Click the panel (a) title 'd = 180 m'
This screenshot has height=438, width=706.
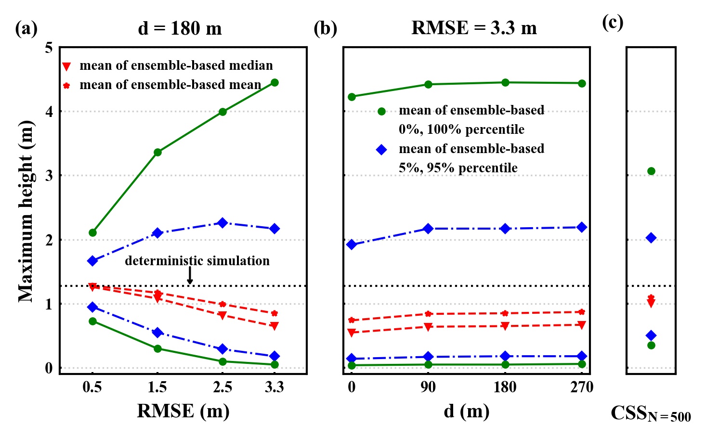pos(180,28)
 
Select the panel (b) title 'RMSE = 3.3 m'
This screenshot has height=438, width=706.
pos(474,28)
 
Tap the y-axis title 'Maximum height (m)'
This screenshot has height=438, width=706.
pos(26,211)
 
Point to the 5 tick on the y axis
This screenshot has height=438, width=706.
pos(49,48)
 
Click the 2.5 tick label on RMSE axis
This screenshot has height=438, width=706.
pos(222,387)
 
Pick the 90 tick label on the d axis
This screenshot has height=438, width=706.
pos(428,387)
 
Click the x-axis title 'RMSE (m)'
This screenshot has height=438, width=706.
pos(183,411)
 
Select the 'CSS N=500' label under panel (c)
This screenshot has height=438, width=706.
pos(650,413)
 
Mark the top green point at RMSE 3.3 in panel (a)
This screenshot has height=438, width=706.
pos(275,83)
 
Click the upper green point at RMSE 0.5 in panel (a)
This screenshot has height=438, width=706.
pos(92,233)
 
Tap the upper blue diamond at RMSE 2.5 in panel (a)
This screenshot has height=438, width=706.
pos(222,223)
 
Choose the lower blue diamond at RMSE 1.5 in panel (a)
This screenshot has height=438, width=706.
pos(157,333)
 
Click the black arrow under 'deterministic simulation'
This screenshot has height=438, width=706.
pos(190,276)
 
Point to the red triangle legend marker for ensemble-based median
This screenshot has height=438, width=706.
pos(67,66)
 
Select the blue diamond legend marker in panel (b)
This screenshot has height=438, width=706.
pos(381,150)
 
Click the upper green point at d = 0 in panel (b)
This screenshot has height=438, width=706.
pos(352,97)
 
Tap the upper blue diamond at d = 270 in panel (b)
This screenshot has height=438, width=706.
pos(582,227)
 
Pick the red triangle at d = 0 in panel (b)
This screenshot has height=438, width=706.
pos(352,333)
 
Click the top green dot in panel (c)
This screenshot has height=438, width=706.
pos(651,171)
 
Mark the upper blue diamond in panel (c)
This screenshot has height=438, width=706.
pos(651,238)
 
